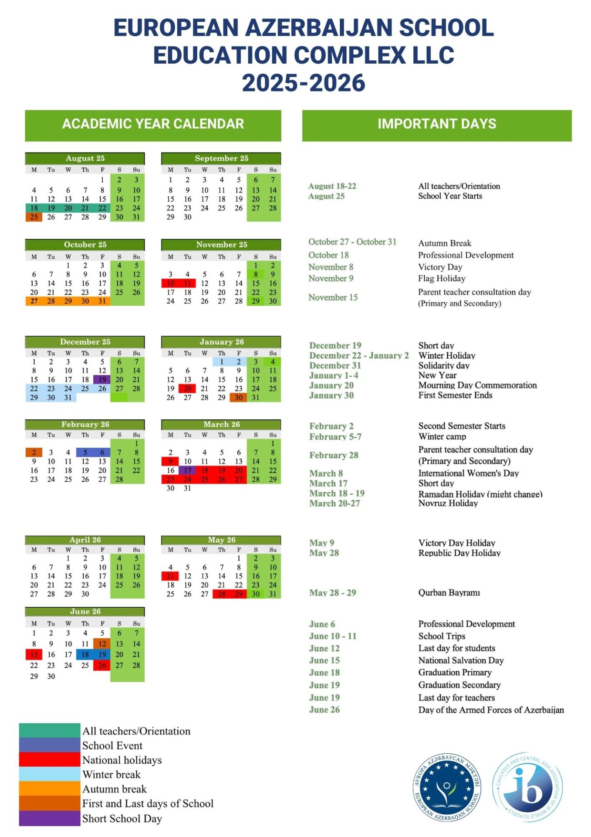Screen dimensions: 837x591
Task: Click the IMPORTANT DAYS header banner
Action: click(x=436, y=125)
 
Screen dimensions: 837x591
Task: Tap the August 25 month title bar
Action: click(x=85, y=158)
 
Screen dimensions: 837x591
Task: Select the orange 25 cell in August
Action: click(x=34, y=217)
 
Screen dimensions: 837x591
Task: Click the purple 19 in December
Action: click(x=102, y=380)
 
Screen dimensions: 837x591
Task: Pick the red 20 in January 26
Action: click(x=187, y=388)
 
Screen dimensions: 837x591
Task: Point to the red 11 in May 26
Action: click(x=170, y=576)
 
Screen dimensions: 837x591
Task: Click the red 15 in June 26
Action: click(x=34, y=655)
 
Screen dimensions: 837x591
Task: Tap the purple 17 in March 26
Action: click(x=187, y=470)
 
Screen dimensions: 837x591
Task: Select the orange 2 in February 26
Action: click(x=34, y=453)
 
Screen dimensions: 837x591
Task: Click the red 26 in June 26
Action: click(x=102, y=666)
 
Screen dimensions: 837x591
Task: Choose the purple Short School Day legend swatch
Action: click(x=49, y=818)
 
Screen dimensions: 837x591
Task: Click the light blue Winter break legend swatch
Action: click(x=49, y=774)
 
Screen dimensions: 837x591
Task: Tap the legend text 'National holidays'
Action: click(x=122, y=760)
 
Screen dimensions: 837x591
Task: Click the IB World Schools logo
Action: click(x=528, y=787)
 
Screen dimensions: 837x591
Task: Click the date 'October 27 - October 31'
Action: click(x=352, y=242)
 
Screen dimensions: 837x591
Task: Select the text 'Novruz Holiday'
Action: click(x=448, y=504)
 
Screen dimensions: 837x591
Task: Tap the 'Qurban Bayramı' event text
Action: click(x=449, y=593)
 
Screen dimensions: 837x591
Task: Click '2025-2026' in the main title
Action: click(x=304, y=83)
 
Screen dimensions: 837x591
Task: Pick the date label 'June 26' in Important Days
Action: click(x=324, y=710)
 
